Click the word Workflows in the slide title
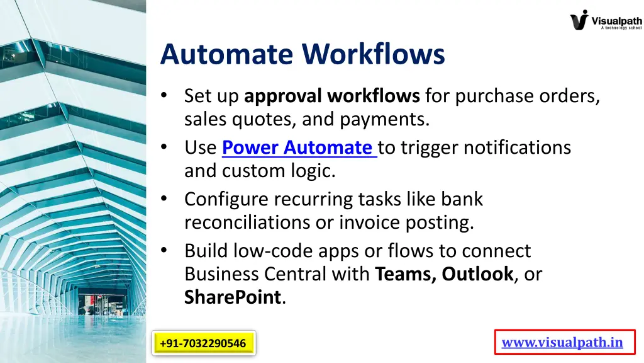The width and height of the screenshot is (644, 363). [374, 54]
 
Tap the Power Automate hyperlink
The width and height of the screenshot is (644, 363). [299, 147]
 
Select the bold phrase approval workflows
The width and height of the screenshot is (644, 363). [331, 96]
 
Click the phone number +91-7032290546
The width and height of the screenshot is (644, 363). [203, 343]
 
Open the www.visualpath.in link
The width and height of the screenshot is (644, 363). [562, 343]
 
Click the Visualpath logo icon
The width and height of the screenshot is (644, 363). [579, 20]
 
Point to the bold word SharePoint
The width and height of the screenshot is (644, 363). [232, 297]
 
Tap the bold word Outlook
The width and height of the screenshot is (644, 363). [477, 274]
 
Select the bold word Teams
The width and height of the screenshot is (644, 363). [405, 274]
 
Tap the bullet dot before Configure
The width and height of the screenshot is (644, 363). [164, 199]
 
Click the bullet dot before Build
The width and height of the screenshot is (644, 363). [164, 250]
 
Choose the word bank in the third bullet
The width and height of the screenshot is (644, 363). [462, 199]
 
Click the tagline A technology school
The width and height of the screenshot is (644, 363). [621, 28]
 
